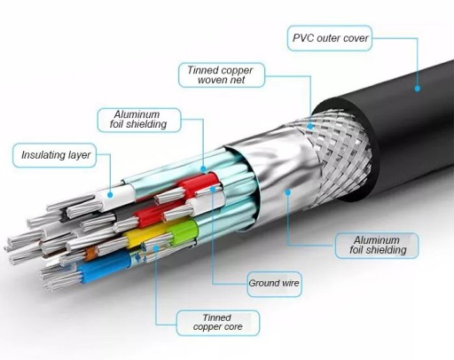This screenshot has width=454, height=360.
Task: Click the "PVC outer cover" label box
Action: pos(330,38)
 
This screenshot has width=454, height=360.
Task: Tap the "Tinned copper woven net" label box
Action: pos(222,75)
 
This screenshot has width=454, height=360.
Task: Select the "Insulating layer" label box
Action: pos(54,155)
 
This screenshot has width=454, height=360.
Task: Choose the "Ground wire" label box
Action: pos(274,284)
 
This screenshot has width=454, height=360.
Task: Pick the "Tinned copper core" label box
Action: pos(218,323)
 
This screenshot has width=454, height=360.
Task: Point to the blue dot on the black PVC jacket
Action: pos(418,88)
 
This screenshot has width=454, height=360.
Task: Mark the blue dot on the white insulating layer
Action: pos(110,195)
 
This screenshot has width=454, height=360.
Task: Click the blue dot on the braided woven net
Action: pos(310,127)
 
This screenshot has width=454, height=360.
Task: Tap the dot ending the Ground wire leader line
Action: pos(213,189)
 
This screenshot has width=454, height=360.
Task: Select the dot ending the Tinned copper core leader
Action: pos(156,247)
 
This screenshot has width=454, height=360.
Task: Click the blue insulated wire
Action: pos(104,266)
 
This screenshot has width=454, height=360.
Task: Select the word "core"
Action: pos(234,327)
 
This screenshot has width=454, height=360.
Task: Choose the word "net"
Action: pos(239,80)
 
